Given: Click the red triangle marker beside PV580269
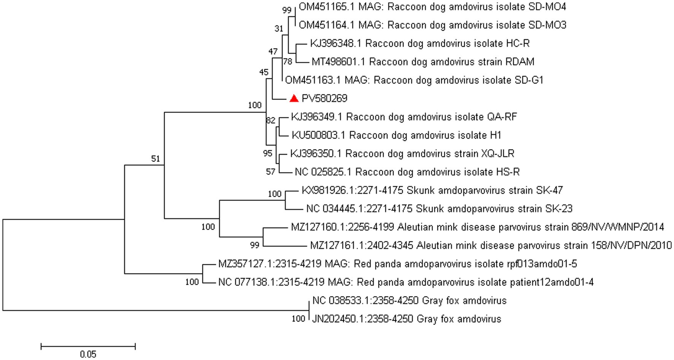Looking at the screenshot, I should coord(294,98).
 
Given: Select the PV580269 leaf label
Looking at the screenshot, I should coord(324,99).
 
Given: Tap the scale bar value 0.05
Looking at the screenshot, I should coord(88,354).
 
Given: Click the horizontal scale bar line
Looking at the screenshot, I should coord(88,346).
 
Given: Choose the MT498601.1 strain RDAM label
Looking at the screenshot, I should coord(423,62).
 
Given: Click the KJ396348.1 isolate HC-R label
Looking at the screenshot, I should coord(420,43).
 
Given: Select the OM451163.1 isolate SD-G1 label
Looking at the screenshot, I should coord(414,80).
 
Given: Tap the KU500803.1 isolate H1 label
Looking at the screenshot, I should coord(397,135).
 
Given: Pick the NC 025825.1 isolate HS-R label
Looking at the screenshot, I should coord(407,172).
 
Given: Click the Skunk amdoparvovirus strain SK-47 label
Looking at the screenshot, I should coord(432,190).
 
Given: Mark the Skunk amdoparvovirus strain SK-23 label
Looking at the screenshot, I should coord(439,209).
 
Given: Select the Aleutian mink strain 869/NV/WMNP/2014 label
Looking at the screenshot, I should coord(477,227).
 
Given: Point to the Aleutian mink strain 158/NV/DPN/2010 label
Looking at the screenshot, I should coord(491,246).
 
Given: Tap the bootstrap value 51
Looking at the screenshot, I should coord(156,159).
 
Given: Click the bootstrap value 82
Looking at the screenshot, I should coord(270,121).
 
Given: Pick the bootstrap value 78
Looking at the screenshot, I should coord(288,61).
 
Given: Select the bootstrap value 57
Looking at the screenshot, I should coord(270,172).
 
